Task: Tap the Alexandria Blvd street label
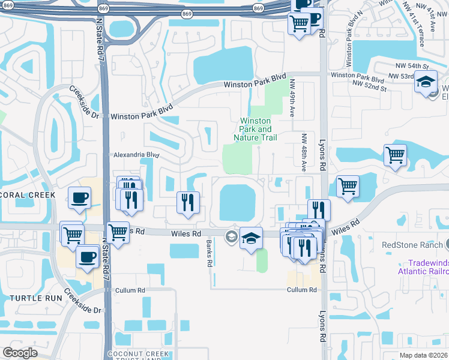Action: coord(137,155)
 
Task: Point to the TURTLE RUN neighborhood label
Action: coord(31,298)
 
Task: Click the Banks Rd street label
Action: coord(209,253)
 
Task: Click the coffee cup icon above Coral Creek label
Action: coord(79,199)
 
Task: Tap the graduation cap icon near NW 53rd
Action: coord(426,82)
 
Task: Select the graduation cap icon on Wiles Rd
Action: coord(251,238)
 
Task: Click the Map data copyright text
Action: coord(423,355)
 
